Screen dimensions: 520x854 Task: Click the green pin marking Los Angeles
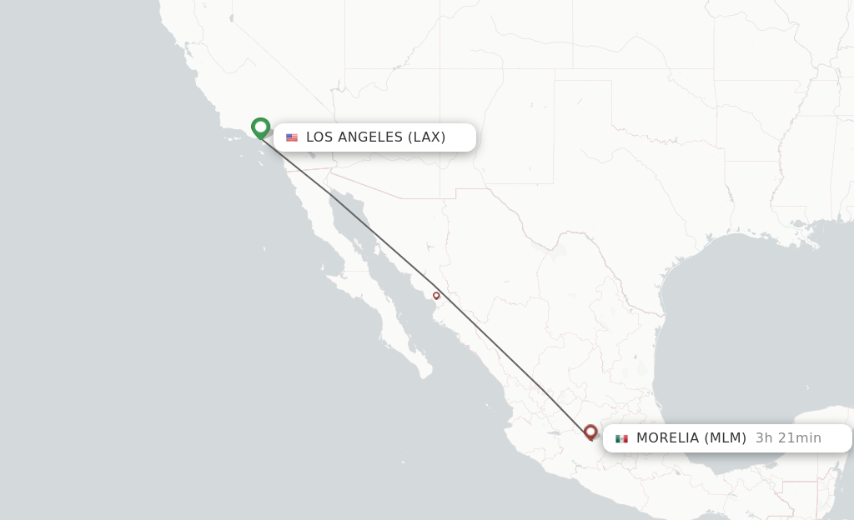click(260, 127)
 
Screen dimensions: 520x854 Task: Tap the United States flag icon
click(292, 137)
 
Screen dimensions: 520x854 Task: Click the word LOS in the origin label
click(320, 137)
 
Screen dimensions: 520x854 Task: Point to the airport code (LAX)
click(426, 137)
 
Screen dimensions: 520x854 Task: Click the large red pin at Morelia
click(590, 432)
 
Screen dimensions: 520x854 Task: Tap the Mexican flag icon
click(621, 438)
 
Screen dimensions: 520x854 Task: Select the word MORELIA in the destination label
click(667, 438)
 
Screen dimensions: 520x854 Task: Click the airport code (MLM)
click(726, 438)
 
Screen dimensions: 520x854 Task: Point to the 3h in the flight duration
click(764, 438)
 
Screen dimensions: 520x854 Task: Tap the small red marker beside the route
click(436, 295)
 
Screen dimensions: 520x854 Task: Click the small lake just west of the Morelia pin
click(551, 432)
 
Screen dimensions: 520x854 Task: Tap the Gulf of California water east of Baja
click(392, 283)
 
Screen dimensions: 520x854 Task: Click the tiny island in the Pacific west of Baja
click(264, 248)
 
